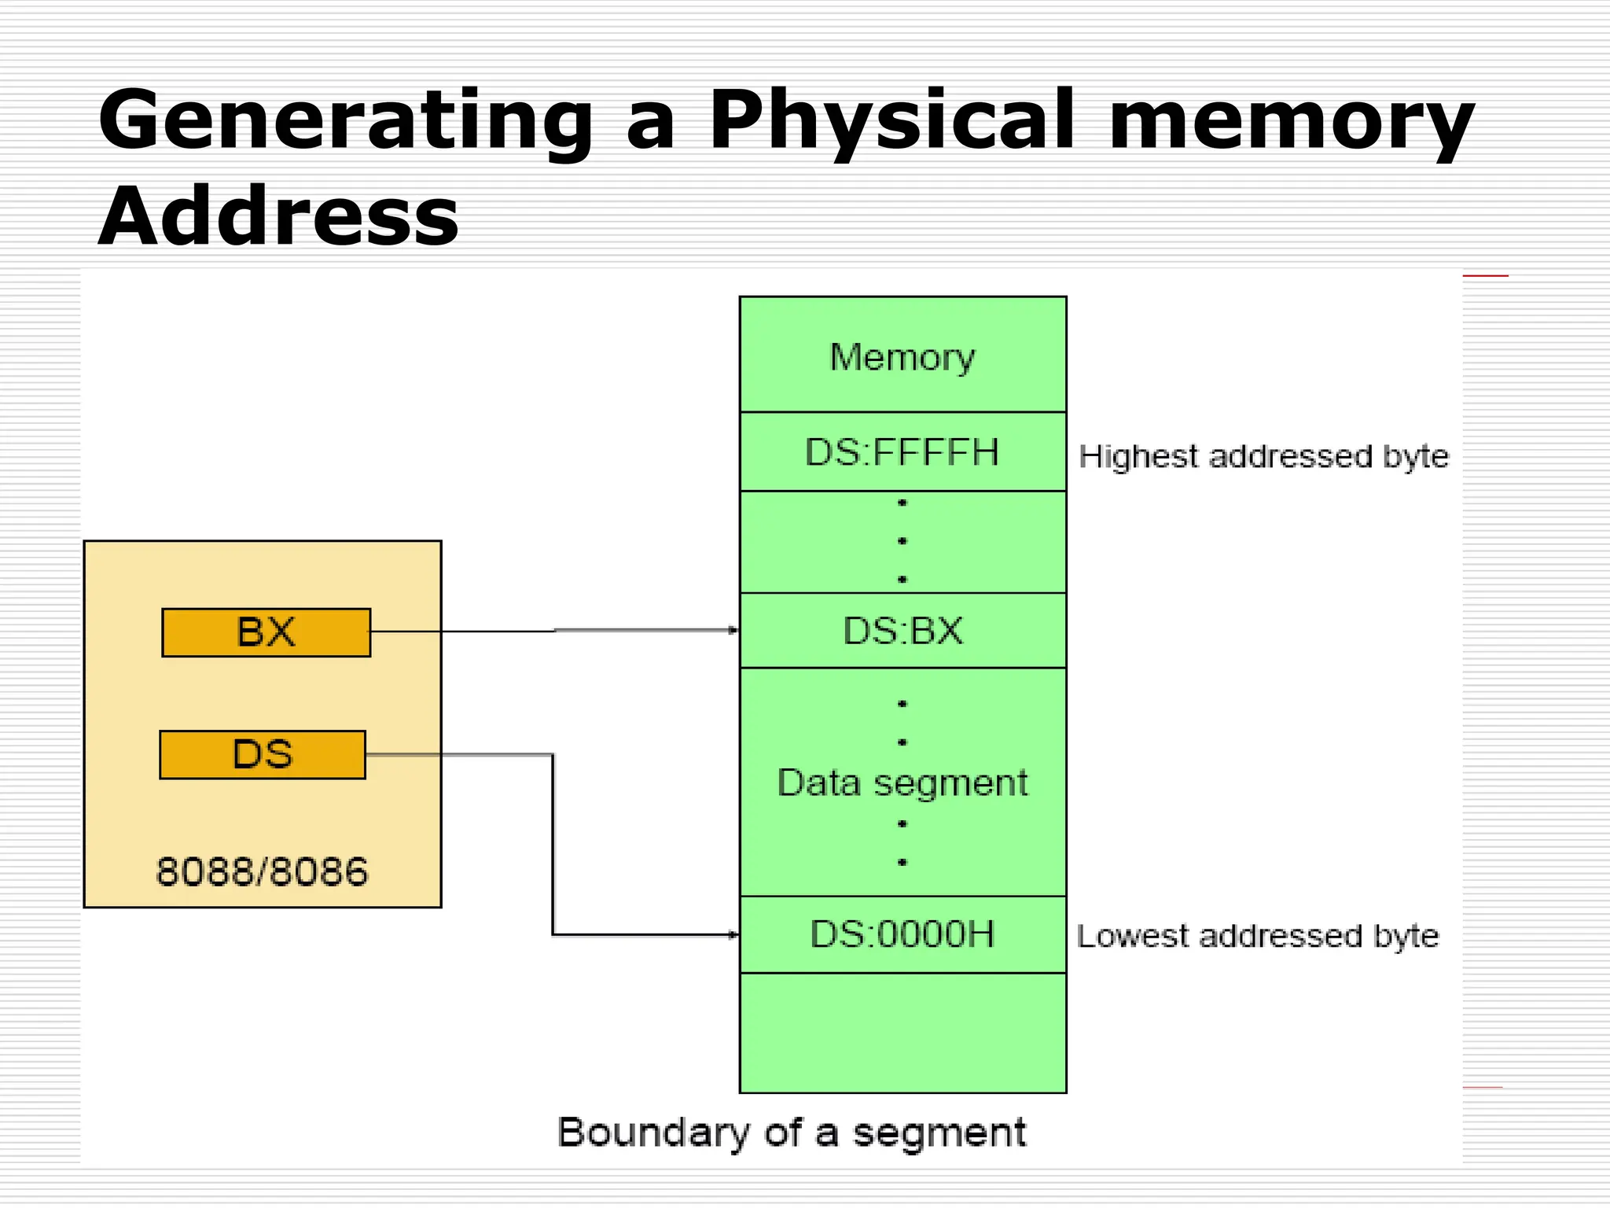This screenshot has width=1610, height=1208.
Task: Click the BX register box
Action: [266, 632]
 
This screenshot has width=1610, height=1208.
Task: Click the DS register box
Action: [263, 755]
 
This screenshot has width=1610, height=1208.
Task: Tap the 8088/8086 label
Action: [262, 872]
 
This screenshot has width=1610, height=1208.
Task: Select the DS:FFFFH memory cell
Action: [902, 452]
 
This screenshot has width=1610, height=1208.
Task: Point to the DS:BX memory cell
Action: [902, 631]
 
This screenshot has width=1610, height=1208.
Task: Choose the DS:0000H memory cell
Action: [902, 934]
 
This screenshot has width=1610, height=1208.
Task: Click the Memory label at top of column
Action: [902, 358]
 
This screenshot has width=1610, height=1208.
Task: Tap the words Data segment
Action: [902, 783]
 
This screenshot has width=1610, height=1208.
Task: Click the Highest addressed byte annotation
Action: [1263, 457]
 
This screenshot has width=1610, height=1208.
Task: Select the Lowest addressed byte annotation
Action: [1258, 936]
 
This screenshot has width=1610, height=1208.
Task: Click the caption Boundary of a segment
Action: [792, 1133]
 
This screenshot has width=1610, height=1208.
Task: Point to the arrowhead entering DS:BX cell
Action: [733, 630]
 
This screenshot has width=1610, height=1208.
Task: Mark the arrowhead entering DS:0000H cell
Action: [733, 934]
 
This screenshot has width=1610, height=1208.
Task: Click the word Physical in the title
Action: [891, 122]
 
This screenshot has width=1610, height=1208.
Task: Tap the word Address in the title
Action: [278, 216]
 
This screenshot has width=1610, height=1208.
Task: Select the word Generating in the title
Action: [345, 122]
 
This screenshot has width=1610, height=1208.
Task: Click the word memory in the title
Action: [1291, 122]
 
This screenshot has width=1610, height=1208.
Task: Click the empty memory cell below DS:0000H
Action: [902, 1033]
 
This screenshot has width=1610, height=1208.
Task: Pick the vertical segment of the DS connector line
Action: [553, 845]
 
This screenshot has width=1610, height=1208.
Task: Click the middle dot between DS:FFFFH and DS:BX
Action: [902, 541]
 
